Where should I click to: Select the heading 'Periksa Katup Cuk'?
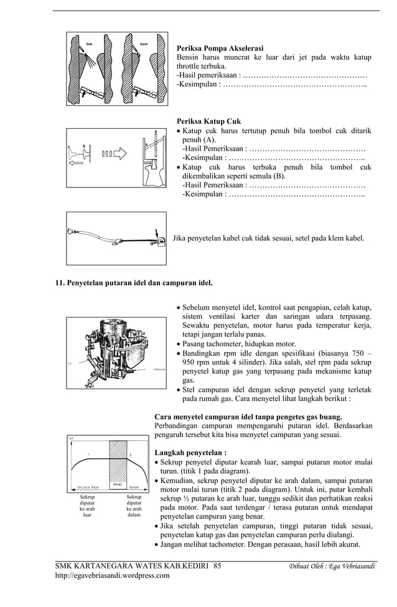(x=208, y=121)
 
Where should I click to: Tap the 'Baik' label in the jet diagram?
(x=90, y=44)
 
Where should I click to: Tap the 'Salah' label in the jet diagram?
(x=144, y=44)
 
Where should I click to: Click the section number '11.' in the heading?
(x=61, y=283)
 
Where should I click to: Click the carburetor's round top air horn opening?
(x=119, y=331)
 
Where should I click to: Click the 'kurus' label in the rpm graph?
(x=133, y=486)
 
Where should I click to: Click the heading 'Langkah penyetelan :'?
(x=190, y=453)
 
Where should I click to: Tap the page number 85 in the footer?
(x=217, y=566)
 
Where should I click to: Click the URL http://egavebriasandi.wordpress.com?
(x=112, y=576)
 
